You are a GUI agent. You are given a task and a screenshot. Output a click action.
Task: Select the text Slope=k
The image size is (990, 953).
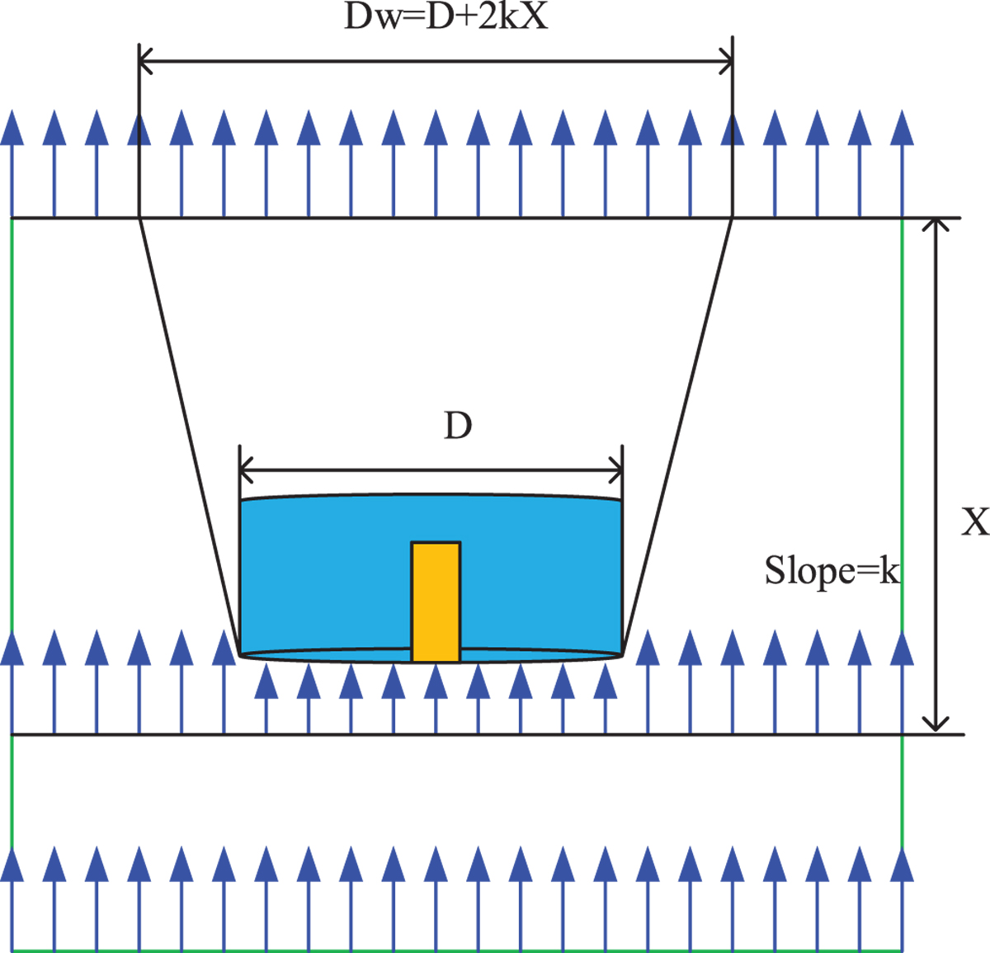pyautogui.click(x=831, y=571)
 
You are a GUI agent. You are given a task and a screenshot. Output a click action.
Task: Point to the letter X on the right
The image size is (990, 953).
pyautogui.click(x=974, y=521)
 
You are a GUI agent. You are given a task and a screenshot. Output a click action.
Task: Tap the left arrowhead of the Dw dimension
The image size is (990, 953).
pyautogui.click(x=145, y=61)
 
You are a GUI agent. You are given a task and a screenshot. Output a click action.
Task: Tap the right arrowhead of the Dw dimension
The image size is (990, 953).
pyautogui.click(x=726, y=61)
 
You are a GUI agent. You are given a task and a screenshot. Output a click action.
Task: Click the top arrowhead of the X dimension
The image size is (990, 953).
pyautogui.click(x=935, y=225)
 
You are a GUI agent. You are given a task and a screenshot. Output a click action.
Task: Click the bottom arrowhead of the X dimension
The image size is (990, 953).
pyautogui.click(x=935, y=724)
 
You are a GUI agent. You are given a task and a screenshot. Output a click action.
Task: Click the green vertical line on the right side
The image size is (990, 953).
pyautogui.click(x=903, y=413)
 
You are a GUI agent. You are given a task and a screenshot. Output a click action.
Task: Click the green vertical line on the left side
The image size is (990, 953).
pyautogui.click(x=12, y=413)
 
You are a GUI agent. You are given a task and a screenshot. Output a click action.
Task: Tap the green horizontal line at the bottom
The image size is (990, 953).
pyautogui.click(x=454, y=950)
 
